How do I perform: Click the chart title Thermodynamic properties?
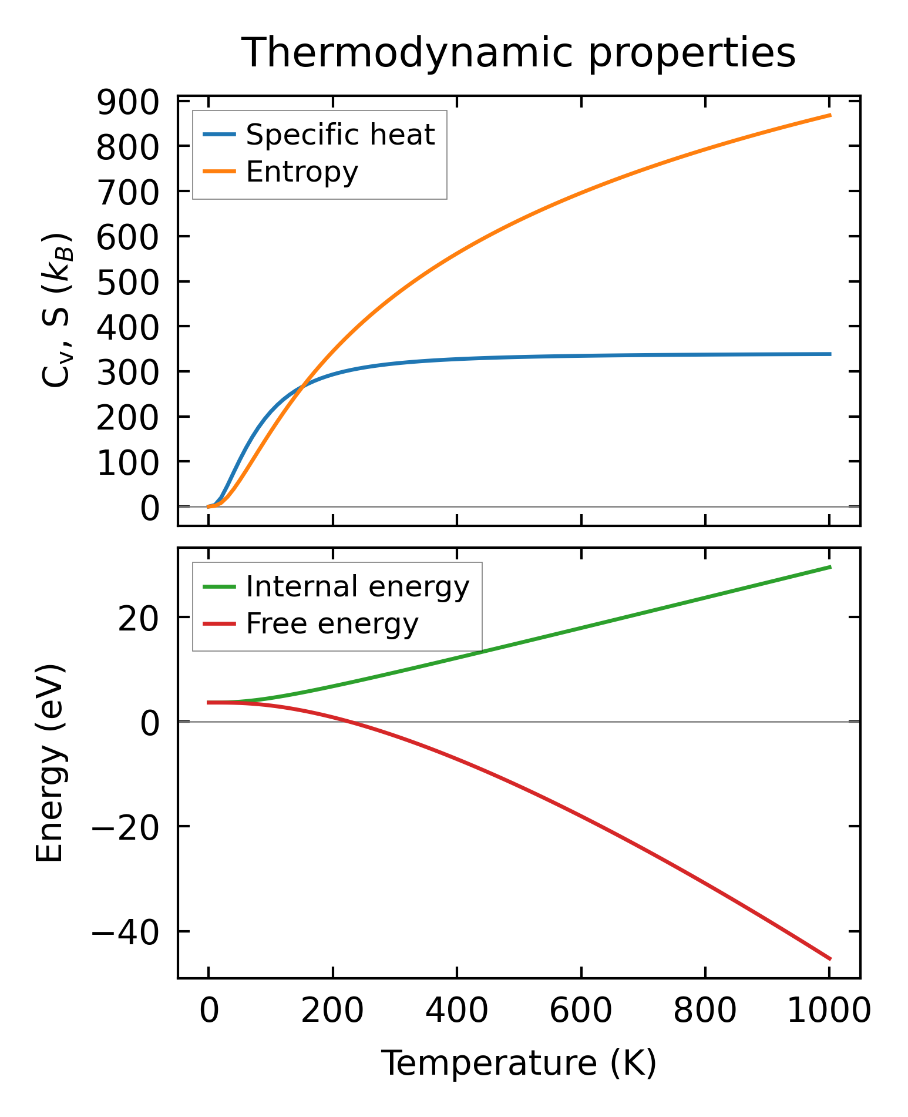click(519, 53)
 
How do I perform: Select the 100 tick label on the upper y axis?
click(128, 462)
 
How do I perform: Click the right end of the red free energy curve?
click(830, 959)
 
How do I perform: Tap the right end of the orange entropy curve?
click(830, 115)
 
